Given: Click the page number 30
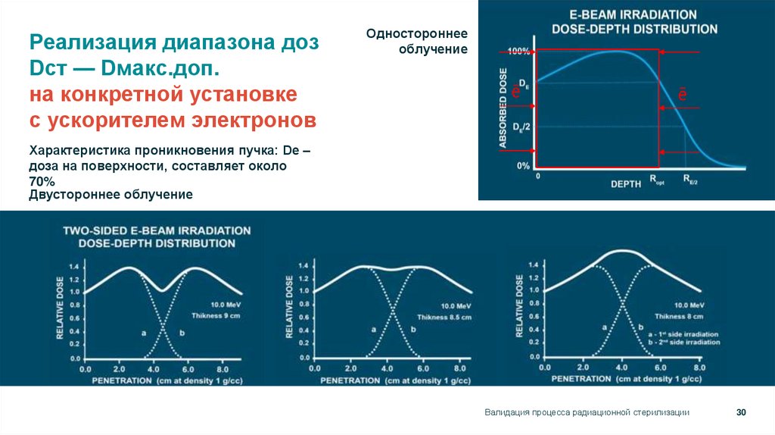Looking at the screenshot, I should (x=741, y=412).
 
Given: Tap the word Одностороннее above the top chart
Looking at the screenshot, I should (x=417, y=34).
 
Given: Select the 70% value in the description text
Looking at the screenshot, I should (x=42, y=181).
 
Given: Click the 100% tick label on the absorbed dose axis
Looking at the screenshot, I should (x=518, y=52).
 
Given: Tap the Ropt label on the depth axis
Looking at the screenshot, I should (x=655, y=180).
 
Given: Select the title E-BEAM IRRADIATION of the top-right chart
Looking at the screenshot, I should (x=633, y=14).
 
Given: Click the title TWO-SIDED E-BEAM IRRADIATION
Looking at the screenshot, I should (x=157, y=229).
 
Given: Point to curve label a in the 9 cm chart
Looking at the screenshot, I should (x=142, y=332).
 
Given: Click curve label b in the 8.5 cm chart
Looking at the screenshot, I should (x=413, y=329).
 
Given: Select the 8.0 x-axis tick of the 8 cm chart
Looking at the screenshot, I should (x=699, y=367).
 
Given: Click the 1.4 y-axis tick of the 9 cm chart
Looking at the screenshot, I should (x=73, y=268).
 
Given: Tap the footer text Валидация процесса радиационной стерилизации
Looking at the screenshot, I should (x=587, y=412).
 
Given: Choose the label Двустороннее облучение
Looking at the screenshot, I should (x=110, y=194).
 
